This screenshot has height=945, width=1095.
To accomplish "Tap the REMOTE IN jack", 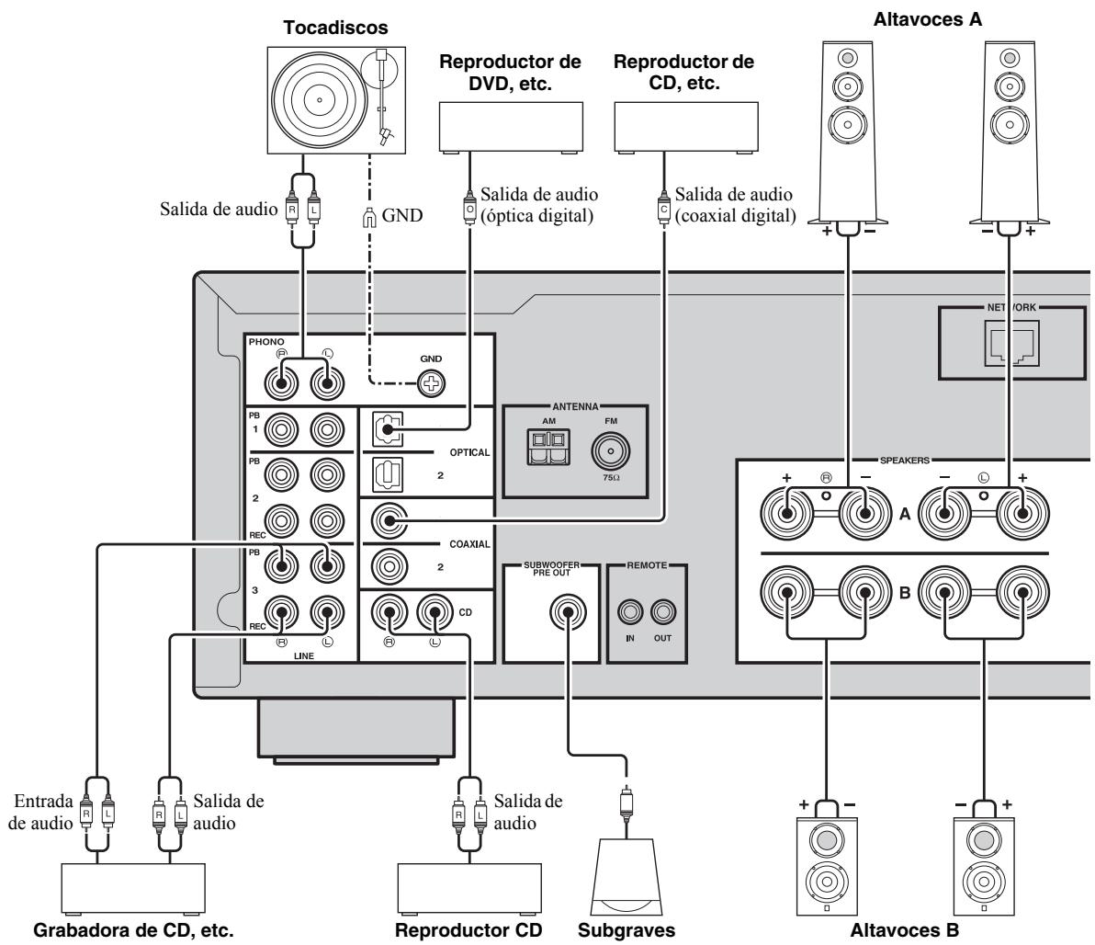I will point(629,611).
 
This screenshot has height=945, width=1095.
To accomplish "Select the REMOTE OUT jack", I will point(661,611).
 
